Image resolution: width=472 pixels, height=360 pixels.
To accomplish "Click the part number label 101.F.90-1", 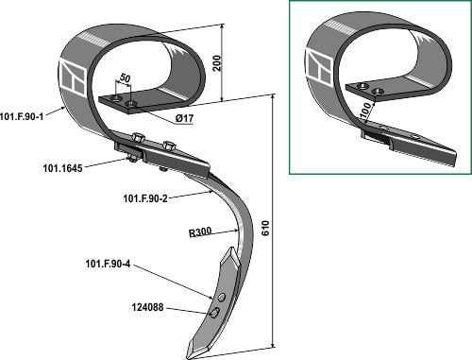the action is pos(22,116).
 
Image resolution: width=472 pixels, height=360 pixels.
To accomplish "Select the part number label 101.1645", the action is pos(62,168).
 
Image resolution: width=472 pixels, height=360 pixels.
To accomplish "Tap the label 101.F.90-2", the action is pos(145,198).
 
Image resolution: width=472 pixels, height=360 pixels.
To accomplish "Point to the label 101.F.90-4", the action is pos(108,264).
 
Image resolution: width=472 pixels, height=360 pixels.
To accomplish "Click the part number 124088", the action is pos(147,307).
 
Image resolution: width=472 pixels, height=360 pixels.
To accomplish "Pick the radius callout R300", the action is pos(200,232).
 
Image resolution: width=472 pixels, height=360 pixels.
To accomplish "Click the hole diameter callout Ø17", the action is pos(184,118).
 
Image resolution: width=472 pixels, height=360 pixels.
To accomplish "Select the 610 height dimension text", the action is pos(265,229).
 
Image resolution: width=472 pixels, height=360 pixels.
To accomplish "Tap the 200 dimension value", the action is pos(217,63).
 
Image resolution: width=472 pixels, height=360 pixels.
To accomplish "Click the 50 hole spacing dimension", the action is pos(125,78).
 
